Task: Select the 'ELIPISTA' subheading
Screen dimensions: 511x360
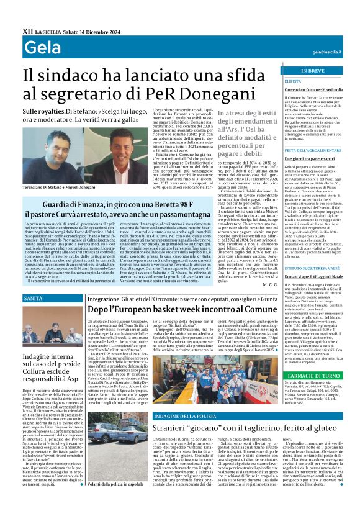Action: click(x=293, y=81)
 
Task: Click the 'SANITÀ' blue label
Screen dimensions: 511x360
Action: click(x=34, y=299)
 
